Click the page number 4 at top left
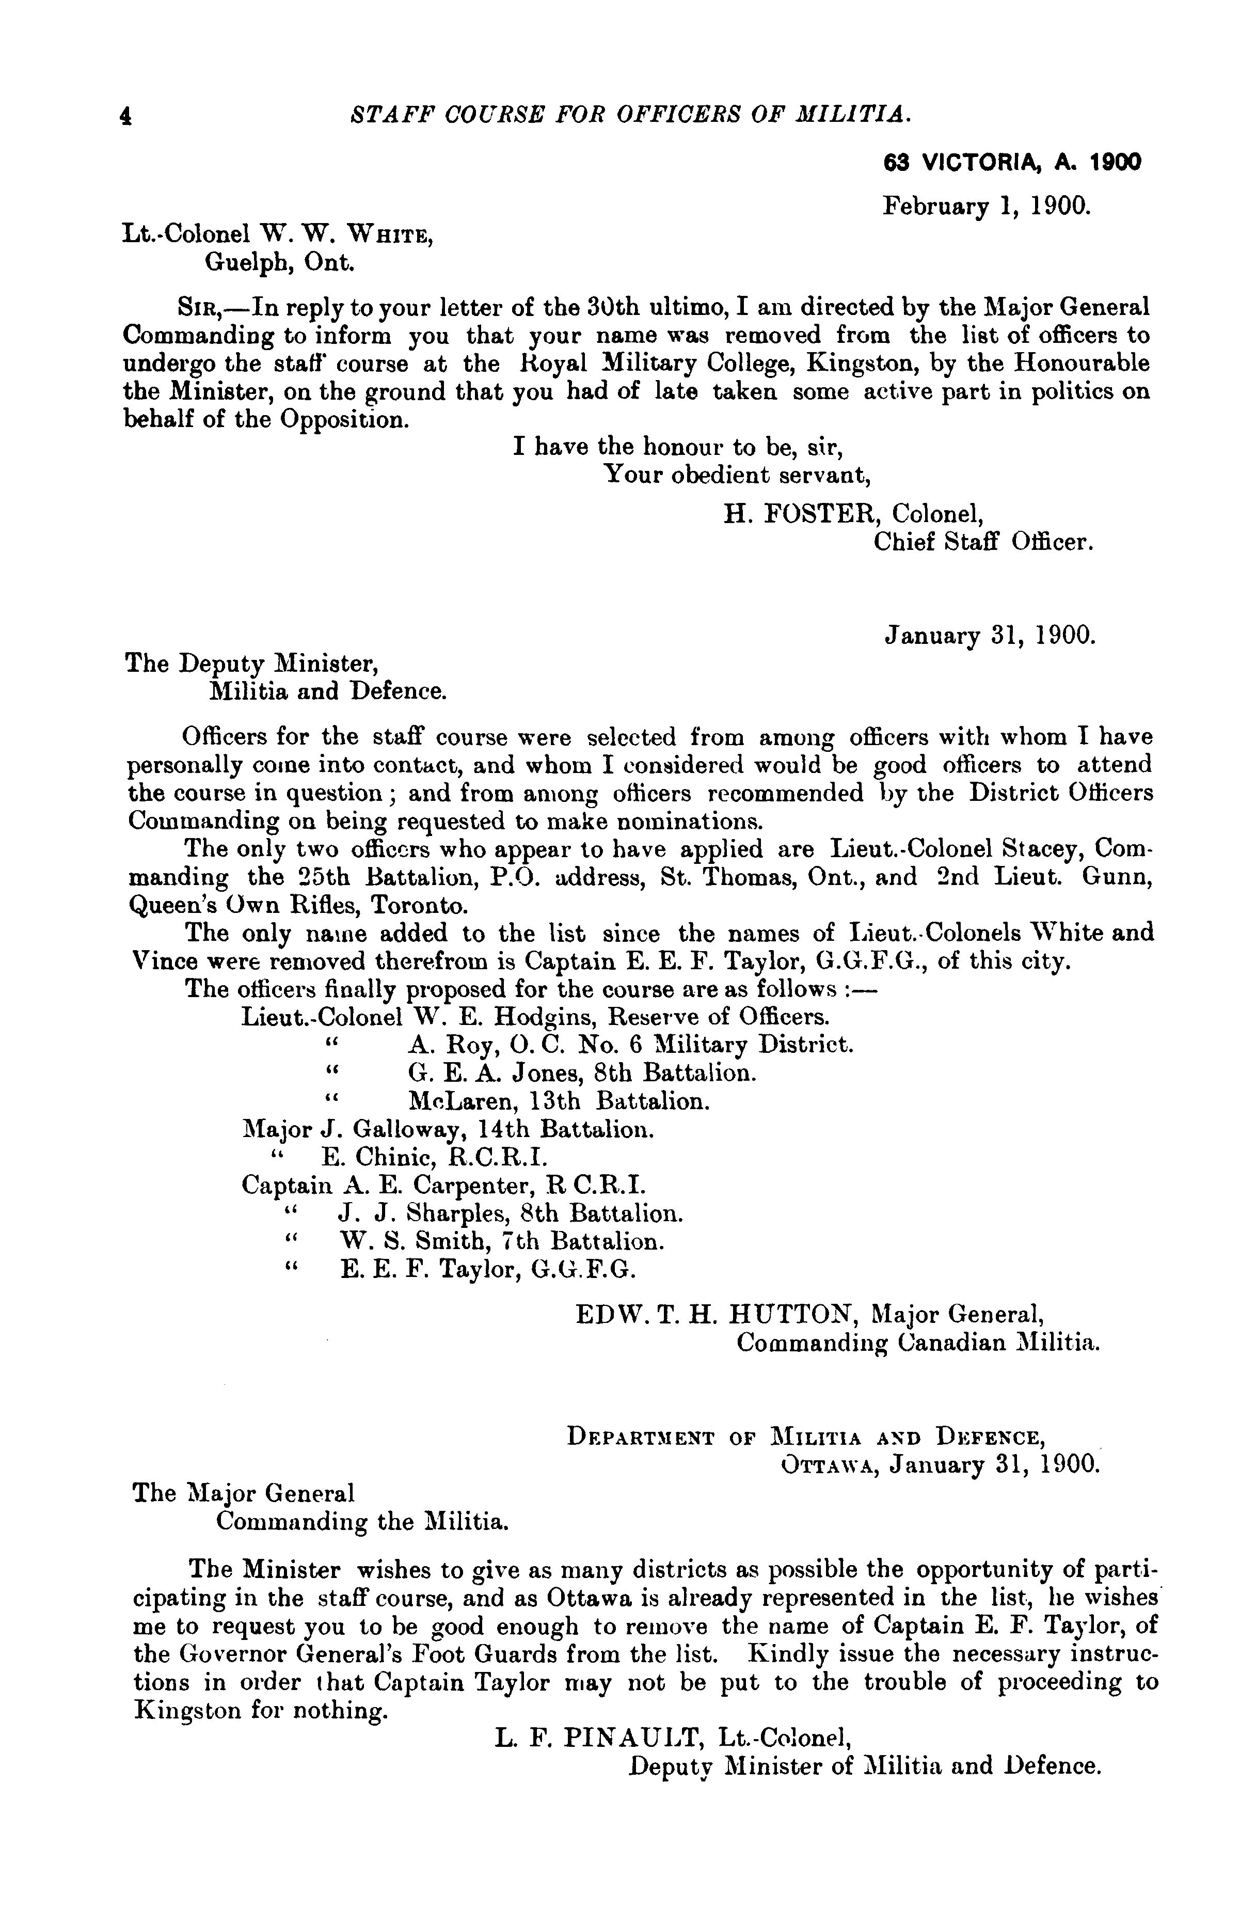pos(125,116)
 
